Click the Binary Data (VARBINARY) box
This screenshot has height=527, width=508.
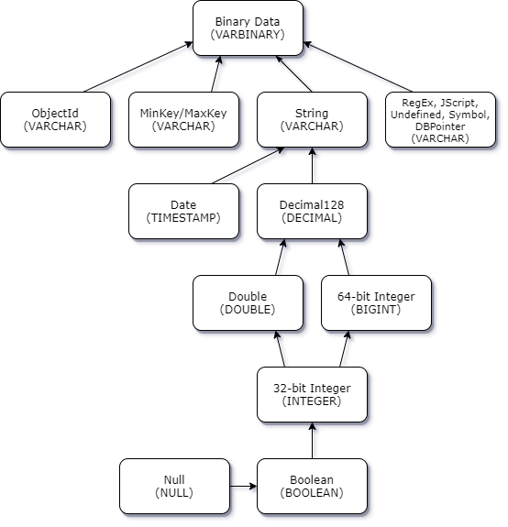click(x=248, y=27)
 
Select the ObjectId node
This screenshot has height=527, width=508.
click(x=55, y=119)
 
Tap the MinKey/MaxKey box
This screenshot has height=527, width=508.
click(x=183, y=119)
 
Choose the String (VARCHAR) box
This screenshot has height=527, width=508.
click(x=312, y=119)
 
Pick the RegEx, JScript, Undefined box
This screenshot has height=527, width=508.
click(x=440, y=119)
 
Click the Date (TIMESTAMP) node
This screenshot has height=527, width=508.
click(x=183, y=211)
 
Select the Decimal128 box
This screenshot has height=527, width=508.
click(x=312, y=211)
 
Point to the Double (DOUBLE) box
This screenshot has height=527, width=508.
click(x=248, y=302)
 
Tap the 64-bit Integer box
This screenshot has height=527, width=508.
click(x=376, y=302)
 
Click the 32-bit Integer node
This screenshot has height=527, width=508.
click(x=312, y=394)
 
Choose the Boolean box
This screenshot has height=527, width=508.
click(x=312, y=486)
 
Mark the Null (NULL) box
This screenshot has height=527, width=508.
click(x=174, y=486)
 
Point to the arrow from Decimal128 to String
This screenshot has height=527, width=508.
click(x=315, y=167)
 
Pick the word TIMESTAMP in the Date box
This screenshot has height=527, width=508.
click(x=183, y=218)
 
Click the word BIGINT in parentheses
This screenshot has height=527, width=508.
click(x=376, y=310)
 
